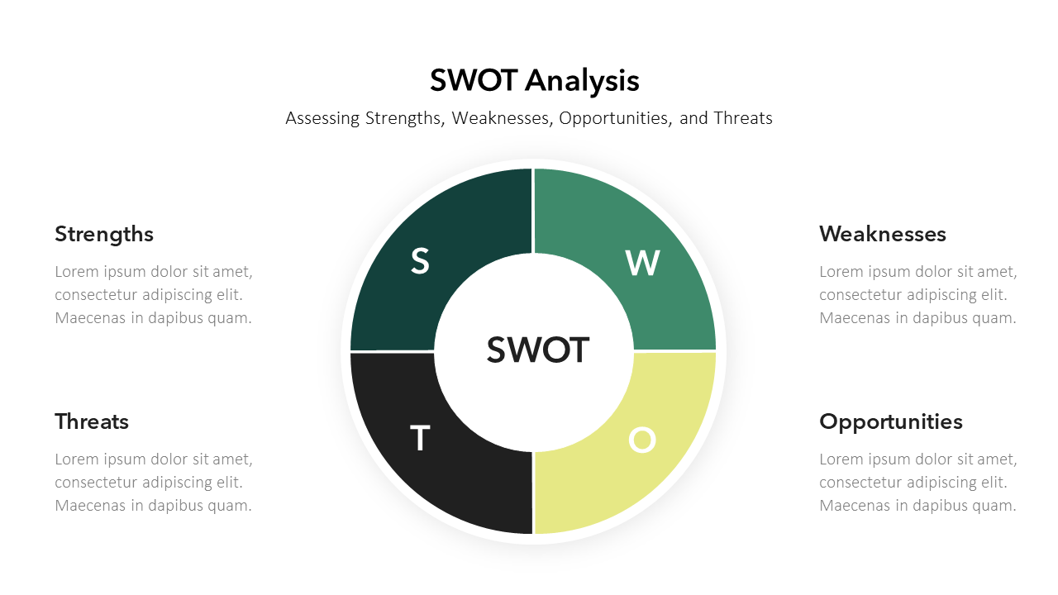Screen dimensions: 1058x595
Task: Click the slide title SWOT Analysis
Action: [x=535, y=80]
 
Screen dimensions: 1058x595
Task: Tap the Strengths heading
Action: [x=104, y=235]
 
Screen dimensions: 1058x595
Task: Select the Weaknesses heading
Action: [x=882, y=234]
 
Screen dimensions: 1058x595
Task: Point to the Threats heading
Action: [x=92, y=421]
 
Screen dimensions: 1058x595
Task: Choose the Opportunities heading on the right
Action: [x=890, y=422]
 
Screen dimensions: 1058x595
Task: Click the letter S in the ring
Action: [x=420, y=261]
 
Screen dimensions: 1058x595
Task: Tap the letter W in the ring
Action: [x=642, y=263]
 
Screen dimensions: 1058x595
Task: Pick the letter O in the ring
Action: [x=642, y=440]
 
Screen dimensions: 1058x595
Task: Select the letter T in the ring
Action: [x=419, y=438]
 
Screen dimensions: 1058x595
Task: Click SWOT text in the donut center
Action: [x=538, y=350]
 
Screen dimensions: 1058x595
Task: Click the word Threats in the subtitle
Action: [x=743, y=118]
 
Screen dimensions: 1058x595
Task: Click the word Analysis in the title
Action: [x=582, y=81]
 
